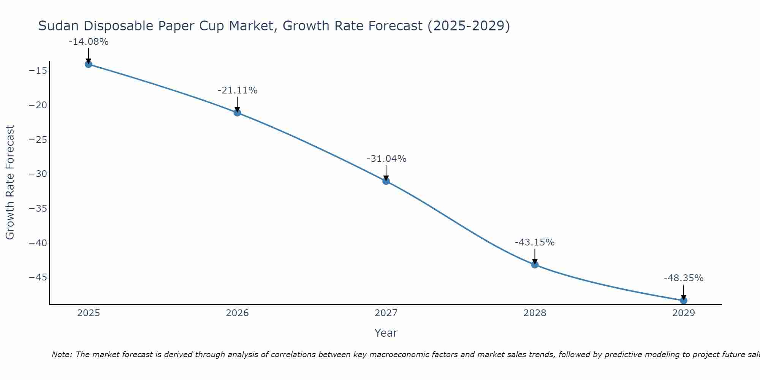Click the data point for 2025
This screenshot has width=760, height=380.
pyautogui.click(x=89, y=64)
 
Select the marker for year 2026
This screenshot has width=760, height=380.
pyautogui.click(x=237, y=112)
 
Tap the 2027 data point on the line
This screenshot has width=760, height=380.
pyautogui.click(x=386, y=181)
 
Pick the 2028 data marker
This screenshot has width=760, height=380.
pyautogui.click(x=535, y=264)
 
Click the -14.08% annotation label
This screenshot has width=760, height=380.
pyautogui.click(x=89, y=42)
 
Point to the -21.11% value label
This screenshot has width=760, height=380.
pyautogui.click(x=237, y=90)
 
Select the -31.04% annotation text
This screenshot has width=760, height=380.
pyautogui.click(x=386, y=159)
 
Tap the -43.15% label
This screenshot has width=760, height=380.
pyautogui.click(x=535, y=242)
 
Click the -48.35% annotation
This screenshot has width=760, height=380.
pyautogui.click(x=684, y=278)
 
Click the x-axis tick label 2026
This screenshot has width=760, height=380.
pyautogui.click(x=237, y=313)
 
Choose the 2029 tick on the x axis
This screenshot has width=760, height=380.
pyautogui.click(x=684, y=313)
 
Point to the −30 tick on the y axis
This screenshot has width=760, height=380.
pyautogui.click(x=38, y=174)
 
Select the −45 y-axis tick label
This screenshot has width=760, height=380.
pyautogui.click(x=38, y=277)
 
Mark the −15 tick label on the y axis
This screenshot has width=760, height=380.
pyautogui.click(x=38, y=71)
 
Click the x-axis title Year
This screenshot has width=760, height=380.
pyautogui.click(x=386, y=333)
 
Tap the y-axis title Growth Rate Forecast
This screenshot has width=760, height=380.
pyautogui.click(x=10, y=182)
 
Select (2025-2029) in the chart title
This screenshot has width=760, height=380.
pyautogui.click(x=469, y=26)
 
